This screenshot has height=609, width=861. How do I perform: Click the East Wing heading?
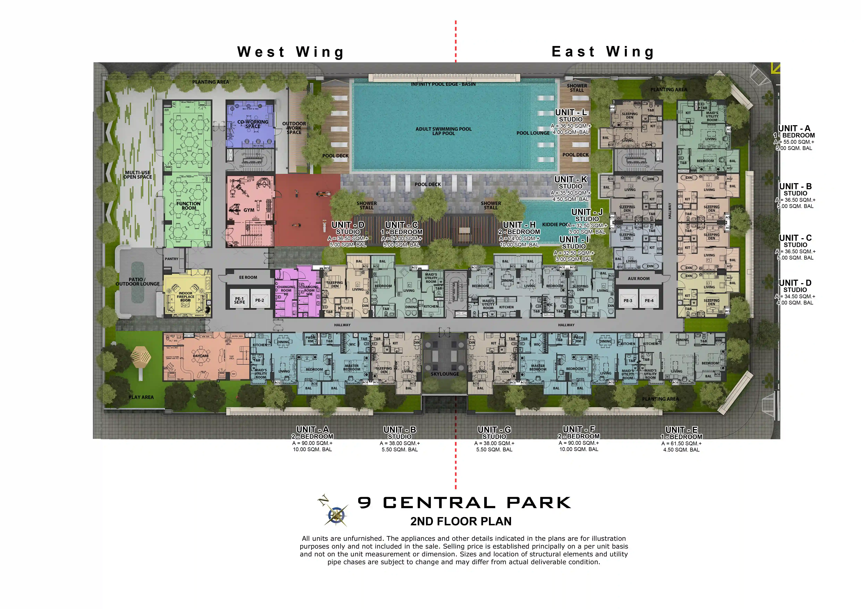click(x=603, y=52)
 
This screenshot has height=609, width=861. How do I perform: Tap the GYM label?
click(x=249, y=210)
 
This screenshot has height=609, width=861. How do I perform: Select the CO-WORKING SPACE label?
click(x=253, y=124)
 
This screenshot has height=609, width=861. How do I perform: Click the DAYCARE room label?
click(x=201, y=356)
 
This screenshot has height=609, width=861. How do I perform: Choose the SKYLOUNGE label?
click(x=445, y=374)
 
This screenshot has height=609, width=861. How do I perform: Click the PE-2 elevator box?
click(x=260, y=300)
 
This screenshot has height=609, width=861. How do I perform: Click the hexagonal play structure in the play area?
click(x=141, y=356)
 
